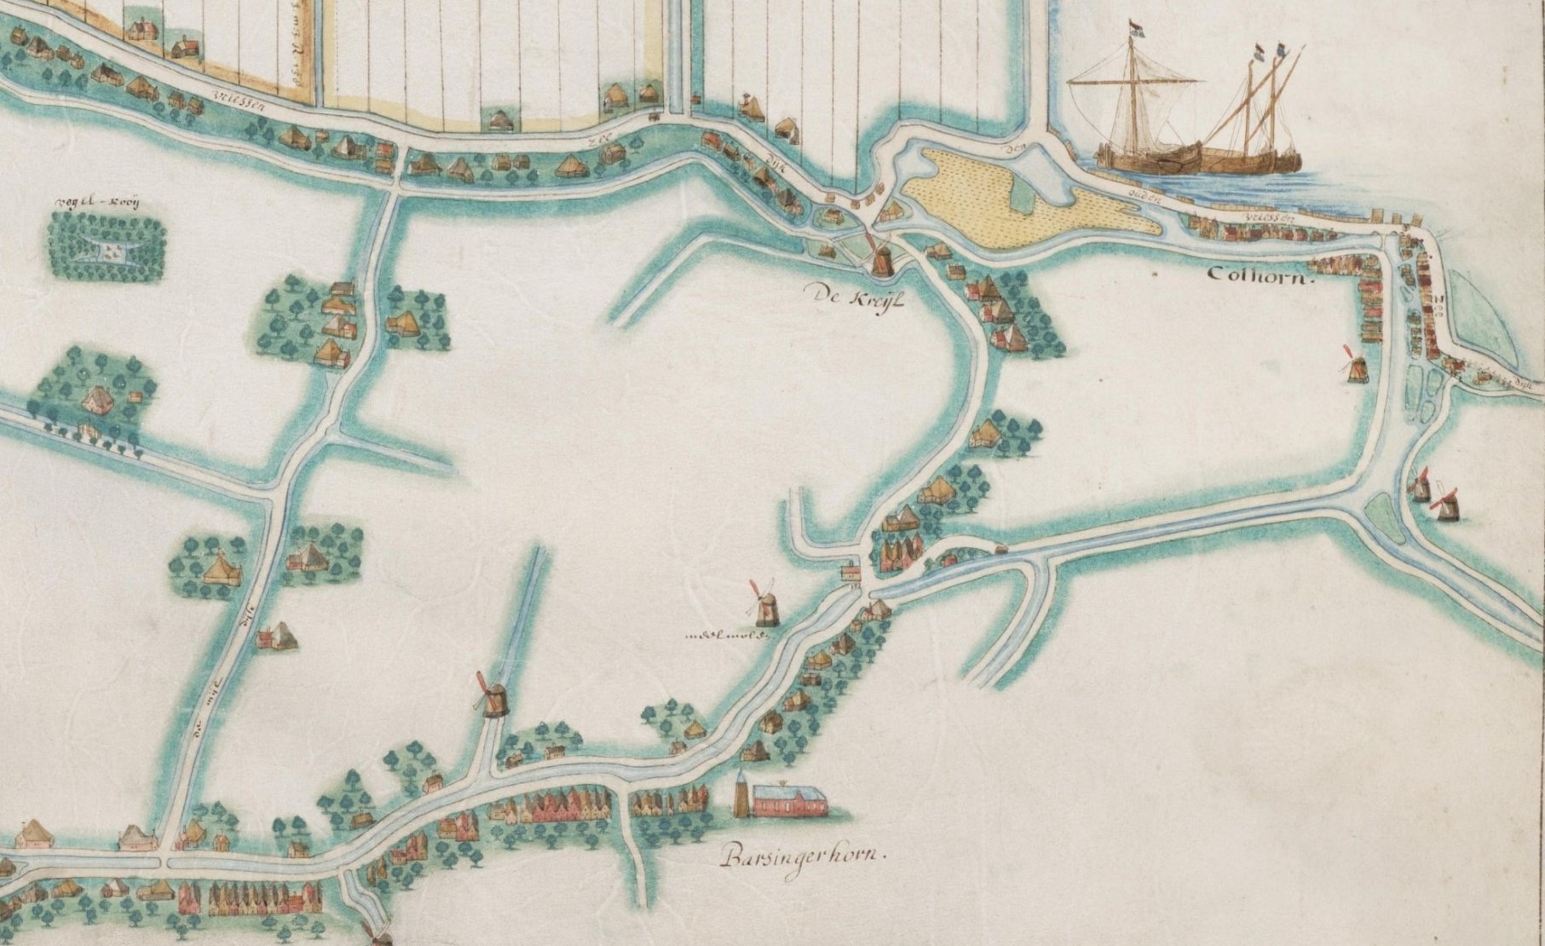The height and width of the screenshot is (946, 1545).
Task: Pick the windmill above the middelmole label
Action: pyautogui.click(x=764, y=603)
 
